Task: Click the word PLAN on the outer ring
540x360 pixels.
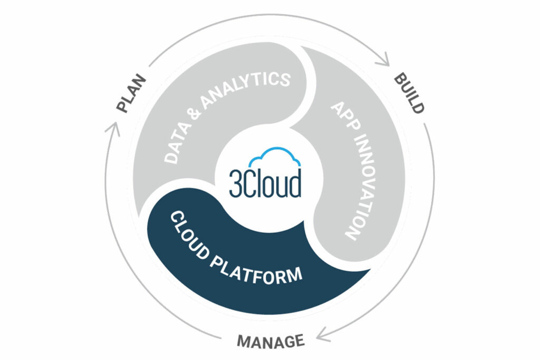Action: click(131, 95)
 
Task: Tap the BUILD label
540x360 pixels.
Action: click(409, 94)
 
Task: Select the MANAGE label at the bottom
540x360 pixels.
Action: click(271, 340)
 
